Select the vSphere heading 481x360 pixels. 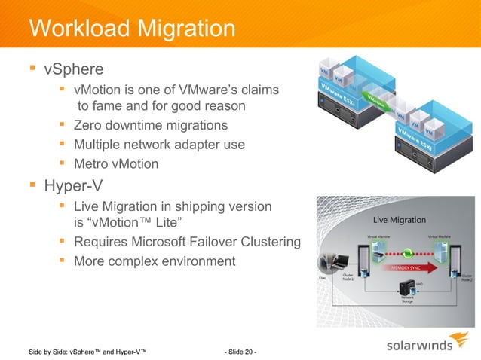tap(74, 71)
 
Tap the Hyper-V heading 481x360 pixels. tap(74, 185)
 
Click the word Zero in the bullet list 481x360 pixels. tap(87, 125)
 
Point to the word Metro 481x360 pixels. tap(91, 163)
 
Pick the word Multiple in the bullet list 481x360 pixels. tap(98, 145)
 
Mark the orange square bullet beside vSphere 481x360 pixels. tap(32, 70)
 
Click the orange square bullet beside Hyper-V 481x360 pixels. tap(32, 185)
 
